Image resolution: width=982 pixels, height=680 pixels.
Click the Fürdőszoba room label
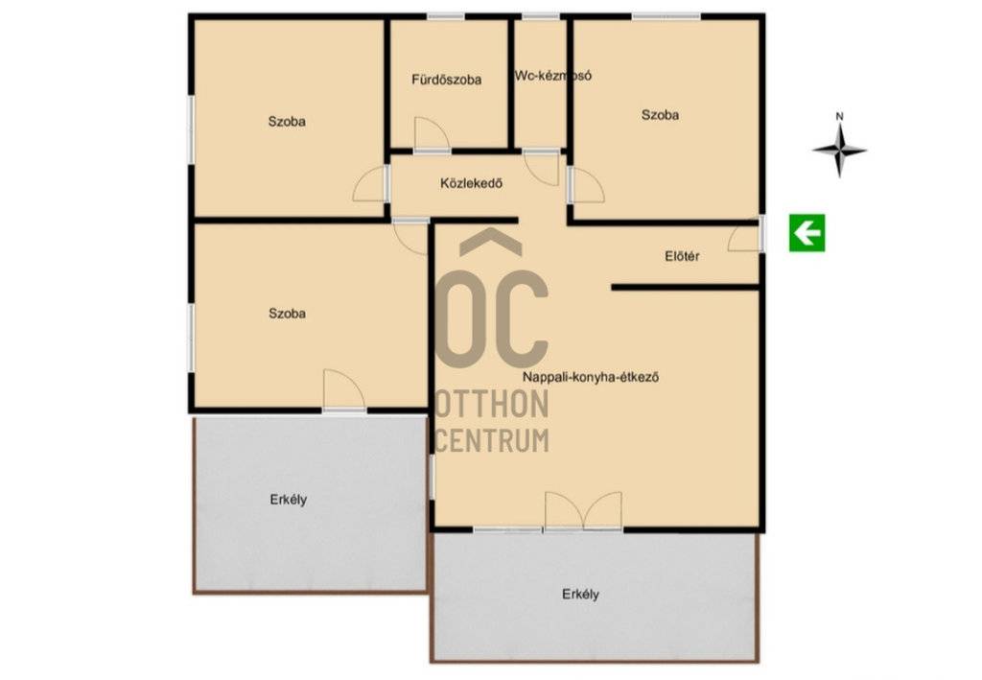pos(447,80)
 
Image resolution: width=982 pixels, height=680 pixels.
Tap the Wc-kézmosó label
pos(553,76)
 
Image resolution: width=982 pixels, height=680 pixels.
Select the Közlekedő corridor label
pos(471,183)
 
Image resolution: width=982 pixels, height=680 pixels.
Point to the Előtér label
pos(682,256)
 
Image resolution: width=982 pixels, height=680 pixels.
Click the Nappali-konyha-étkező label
pos(591,378)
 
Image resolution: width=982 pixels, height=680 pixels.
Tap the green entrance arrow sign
pos(807,233)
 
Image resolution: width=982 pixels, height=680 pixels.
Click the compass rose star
pos(840,151)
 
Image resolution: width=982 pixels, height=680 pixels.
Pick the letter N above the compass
pos(840,116)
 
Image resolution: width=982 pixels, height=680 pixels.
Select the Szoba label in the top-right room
pos(660,115)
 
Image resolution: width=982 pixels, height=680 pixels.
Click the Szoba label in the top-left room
pos(287,122)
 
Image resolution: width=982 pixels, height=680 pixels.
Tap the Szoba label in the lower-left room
pos(288,313)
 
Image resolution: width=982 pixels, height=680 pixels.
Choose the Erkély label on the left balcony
pos(289,500)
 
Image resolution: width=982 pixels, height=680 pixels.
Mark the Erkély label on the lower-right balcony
pos(580,595)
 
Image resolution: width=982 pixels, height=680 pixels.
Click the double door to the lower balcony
pos(583,511)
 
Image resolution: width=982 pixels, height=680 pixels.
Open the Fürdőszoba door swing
pos(432,134)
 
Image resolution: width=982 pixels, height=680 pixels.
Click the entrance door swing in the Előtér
pos(744,239)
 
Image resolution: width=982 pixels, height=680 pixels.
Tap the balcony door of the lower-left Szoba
pos(344,389)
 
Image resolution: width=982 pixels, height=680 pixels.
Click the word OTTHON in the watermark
pos(492,404)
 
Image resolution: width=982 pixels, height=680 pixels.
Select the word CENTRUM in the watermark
pos(492,440)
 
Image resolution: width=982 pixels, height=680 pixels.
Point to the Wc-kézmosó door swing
pos(541,168)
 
